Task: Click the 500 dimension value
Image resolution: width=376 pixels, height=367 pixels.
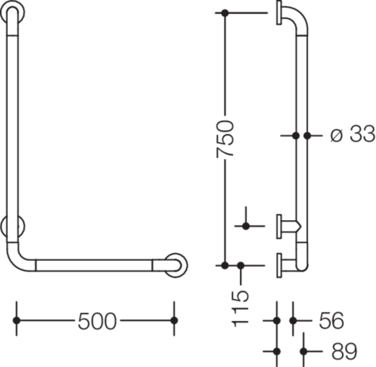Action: tap(97, 321)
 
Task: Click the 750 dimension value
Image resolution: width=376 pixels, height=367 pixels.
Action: tap(225, 139)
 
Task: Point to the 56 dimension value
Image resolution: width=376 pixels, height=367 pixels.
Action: tap(331, 321)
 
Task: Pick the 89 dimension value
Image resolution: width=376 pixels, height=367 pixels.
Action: tap(344, 351)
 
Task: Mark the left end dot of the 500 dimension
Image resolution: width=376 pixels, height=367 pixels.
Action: tap(17, 321)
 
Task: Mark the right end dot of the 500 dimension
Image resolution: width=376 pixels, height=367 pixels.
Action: tap(174, 321)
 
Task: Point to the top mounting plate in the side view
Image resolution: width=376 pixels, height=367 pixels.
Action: tap(279, 13)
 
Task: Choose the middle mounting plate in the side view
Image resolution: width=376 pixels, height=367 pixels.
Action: tap(279, 227)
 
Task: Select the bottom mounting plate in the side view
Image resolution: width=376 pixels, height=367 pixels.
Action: tap(279, 266)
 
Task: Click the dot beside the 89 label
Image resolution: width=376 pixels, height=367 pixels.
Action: tap(304, 351)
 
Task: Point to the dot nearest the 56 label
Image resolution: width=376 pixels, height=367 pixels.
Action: tap(293, 321)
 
